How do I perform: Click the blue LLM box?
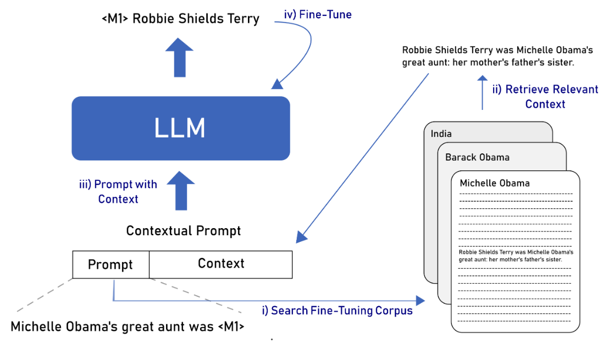180,128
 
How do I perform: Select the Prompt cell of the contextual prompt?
110,264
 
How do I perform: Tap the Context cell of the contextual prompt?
220,264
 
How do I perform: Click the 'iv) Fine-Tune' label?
318,15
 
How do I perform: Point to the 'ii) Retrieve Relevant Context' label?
545,96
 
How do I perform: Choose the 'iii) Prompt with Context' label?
118,192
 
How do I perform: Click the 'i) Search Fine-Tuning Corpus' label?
337,311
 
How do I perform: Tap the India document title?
442,134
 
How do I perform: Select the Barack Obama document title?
477,157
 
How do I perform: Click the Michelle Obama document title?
495,183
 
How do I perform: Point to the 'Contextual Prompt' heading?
184,231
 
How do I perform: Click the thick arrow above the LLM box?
180,57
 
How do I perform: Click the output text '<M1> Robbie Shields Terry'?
180,19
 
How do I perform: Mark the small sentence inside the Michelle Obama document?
516,256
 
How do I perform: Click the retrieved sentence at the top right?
498,56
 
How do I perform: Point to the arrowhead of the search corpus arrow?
421,301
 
